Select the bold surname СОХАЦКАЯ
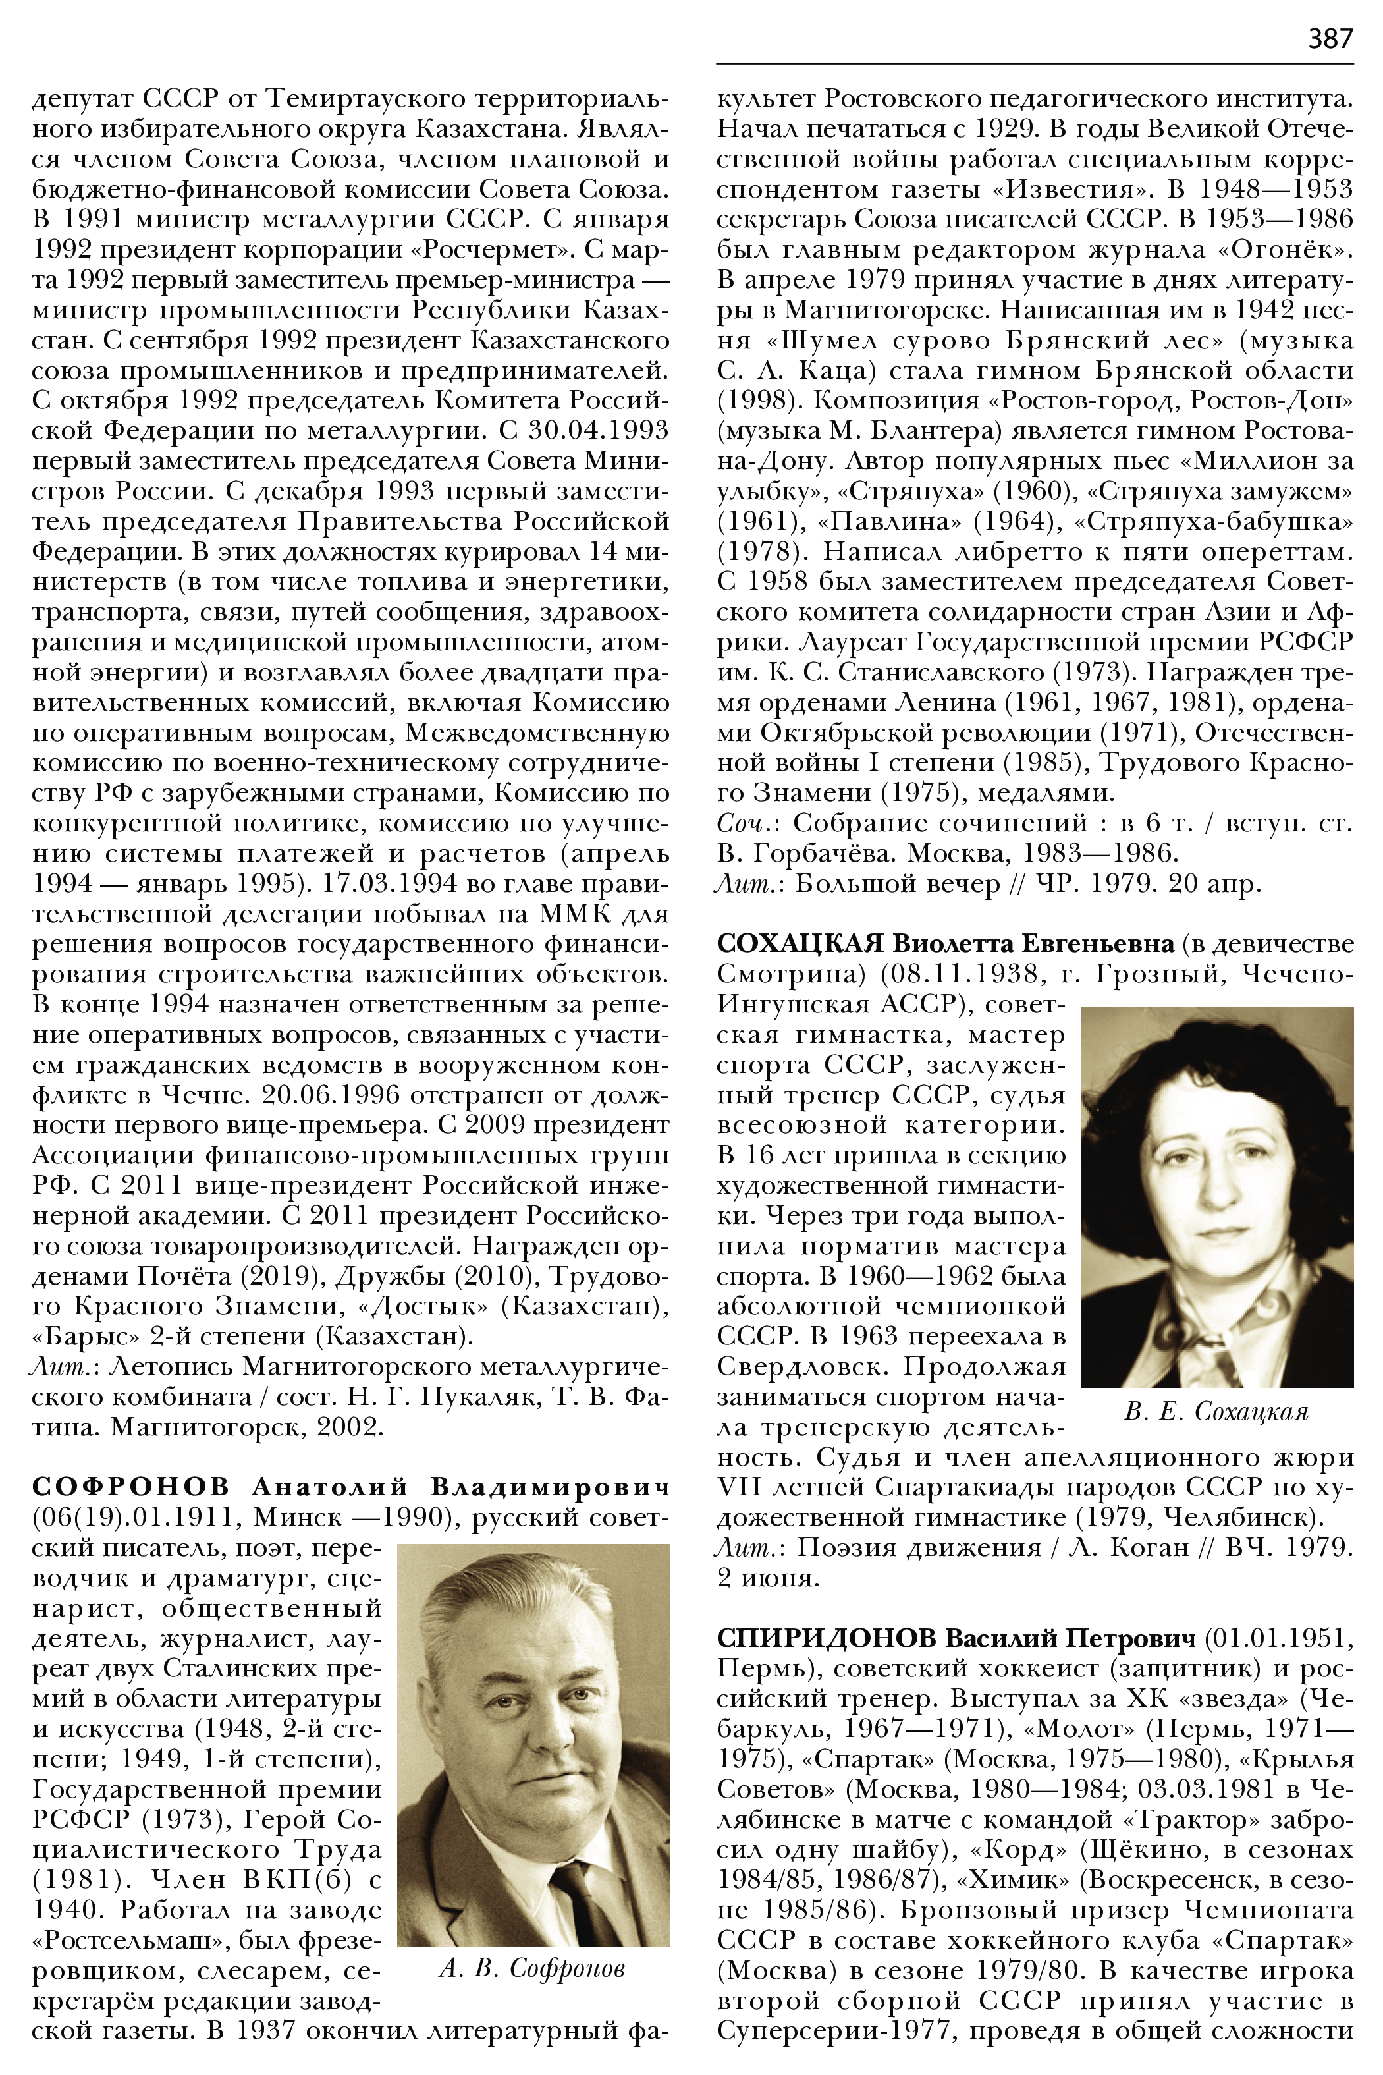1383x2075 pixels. tap(799, 943)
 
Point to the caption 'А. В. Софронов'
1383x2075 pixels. tap(532, 1968)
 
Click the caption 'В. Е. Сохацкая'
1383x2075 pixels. tap(1216, 1412)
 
